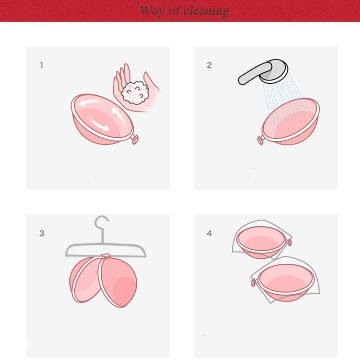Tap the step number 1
41,65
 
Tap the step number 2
209,65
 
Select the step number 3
42,233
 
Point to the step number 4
209,233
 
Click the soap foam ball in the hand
135,92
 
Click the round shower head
274,71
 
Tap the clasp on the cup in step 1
135,139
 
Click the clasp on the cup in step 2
261,140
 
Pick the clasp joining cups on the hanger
106,256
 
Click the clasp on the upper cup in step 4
289,242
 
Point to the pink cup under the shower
291,121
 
